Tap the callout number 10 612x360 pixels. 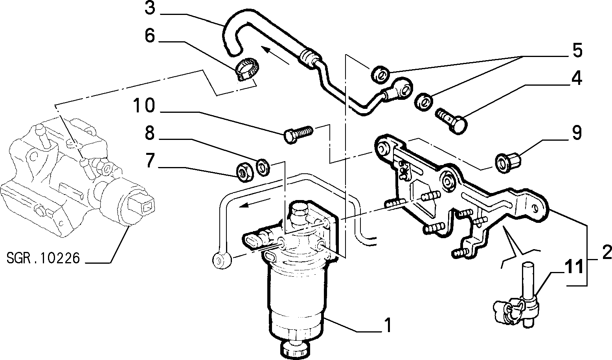point(144,106)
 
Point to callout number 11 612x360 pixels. point(572,266)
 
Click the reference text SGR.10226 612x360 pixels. point(43,258)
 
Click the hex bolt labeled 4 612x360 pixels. point(451,121)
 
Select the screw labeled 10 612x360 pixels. point(298,134)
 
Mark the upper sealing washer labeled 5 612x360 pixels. point(380,74)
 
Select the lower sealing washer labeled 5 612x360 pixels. point(423,102)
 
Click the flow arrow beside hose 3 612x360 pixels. point(275,55)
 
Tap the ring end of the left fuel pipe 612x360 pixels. point(222,260)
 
